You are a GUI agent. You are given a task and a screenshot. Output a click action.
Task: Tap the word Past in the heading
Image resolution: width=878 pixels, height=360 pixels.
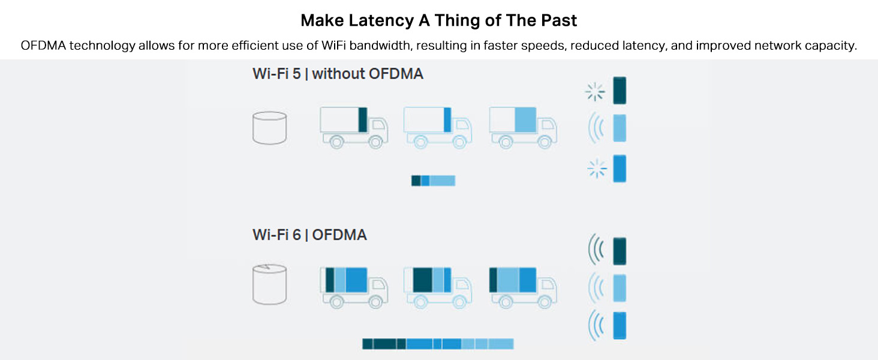click(559, 20)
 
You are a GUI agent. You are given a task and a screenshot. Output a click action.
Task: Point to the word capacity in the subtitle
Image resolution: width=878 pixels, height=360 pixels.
click(828, 46)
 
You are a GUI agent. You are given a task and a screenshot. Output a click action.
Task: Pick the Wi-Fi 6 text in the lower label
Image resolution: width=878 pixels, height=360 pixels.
click(277, 234)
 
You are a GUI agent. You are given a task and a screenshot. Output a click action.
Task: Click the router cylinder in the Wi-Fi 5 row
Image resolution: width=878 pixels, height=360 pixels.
click(269, 128)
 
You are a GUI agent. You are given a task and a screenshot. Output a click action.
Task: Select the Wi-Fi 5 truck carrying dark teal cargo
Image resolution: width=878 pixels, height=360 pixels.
click(353, 127)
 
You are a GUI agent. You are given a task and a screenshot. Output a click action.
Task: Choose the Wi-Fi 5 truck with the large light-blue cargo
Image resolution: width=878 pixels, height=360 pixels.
click(524, 127)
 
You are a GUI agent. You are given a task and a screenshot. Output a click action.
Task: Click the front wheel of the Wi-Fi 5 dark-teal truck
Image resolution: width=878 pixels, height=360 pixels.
click(375, 142)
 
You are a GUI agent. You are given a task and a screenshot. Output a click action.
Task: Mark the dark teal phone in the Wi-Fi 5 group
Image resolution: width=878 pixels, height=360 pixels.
click(620, 91)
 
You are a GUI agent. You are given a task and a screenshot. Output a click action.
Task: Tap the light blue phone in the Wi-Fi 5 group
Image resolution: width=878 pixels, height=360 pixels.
click(620, 128)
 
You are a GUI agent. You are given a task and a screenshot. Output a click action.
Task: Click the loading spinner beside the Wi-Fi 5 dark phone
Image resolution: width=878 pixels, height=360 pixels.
click(596, 92)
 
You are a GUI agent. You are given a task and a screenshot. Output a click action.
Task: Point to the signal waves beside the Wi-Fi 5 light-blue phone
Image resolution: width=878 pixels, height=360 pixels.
click(597, 128)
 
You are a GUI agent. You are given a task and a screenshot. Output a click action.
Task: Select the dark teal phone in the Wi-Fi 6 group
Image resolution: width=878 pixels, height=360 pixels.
click(620, 251)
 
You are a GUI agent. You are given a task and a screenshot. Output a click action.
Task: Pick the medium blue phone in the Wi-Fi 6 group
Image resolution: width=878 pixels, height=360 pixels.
click(620, 325)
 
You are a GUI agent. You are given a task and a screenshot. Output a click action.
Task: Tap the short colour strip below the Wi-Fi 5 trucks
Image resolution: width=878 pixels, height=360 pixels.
click(433, 181)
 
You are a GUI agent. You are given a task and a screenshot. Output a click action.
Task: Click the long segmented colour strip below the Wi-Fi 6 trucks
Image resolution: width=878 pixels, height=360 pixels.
click(438, 344)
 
